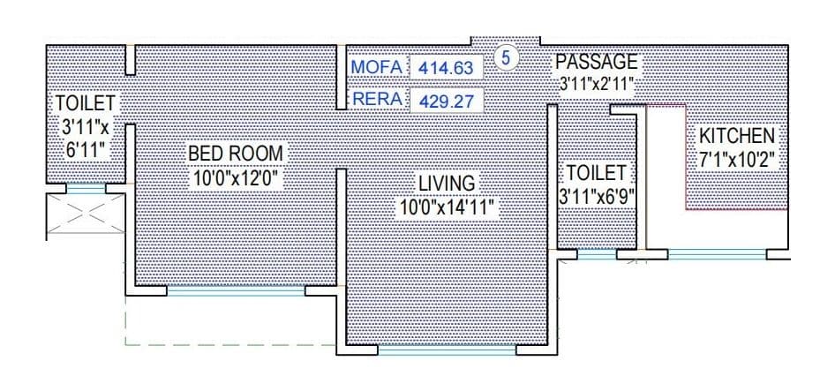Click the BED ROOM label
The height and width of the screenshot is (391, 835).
coord(236,154)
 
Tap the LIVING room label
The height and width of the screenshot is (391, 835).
coord(446,184)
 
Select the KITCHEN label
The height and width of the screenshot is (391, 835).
coord(737,137)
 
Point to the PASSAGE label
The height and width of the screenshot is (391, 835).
coord(596,63)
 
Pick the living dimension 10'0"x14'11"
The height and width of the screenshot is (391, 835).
coord(446,207)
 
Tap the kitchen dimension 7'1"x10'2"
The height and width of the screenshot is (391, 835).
coord(737,162)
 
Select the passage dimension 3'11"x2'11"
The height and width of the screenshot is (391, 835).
coord(598,86)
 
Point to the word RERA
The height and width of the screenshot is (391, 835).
coord(378,100)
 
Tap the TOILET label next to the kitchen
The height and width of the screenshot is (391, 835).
coord(596,172)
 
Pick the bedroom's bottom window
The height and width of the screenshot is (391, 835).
coord(236,290)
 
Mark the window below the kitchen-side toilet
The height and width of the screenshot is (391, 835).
coord(597,254)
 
